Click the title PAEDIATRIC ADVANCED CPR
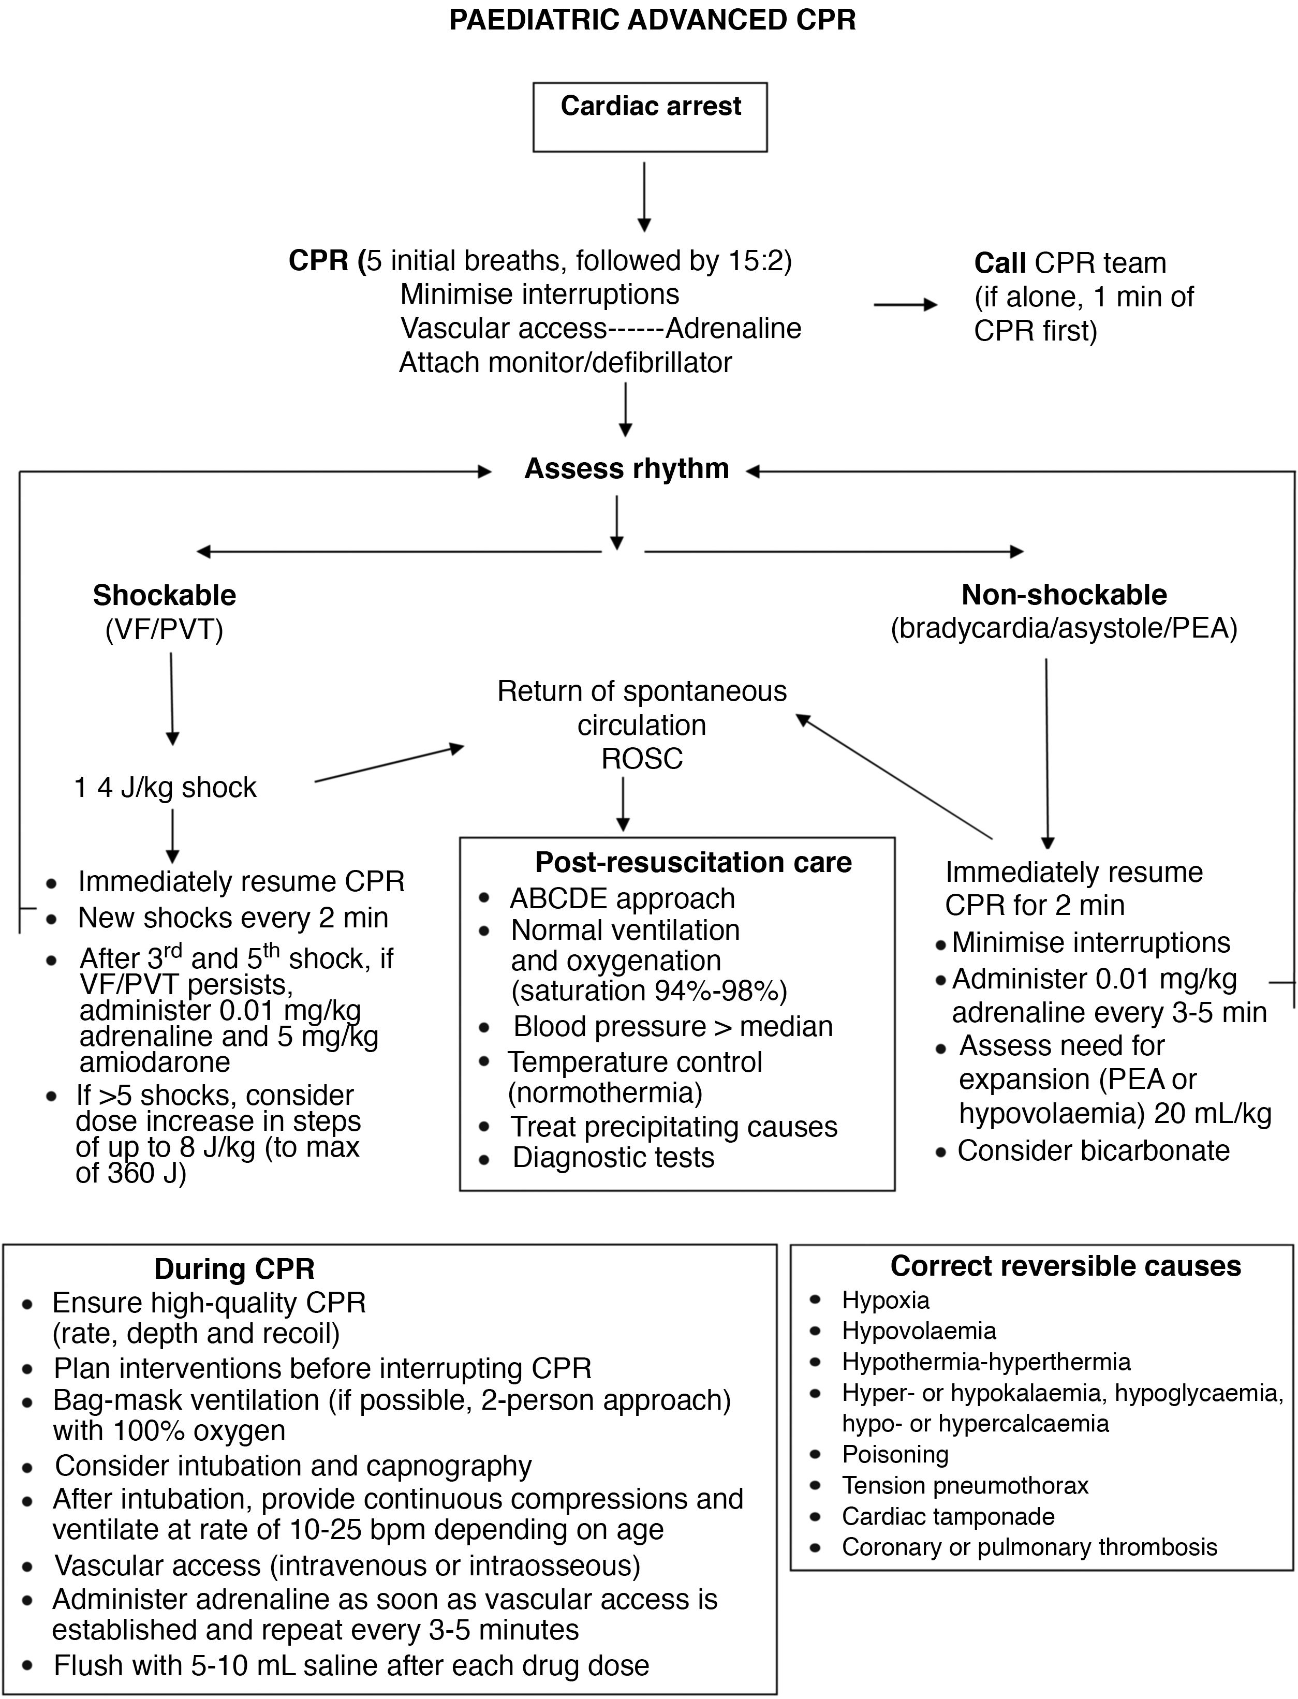(652, 20)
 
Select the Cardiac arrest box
(650, 116)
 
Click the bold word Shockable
(165, 595)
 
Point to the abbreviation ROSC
(642, 759)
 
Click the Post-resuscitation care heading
(693, 862)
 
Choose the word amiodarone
(155, 1062)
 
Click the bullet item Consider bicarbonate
(1093, 1150)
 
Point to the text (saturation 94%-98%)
(649, 991)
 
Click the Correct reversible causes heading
(1066, 1265)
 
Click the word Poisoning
(895, 1454)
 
